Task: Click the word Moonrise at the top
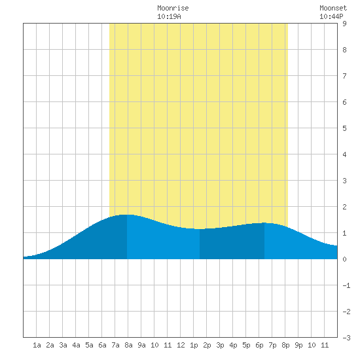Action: click(173, 8)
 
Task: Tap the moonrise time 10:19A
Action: click(169, 16)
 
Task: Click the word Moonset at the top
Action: click(333, 8)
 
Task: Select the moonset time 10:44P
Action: click(331, 16)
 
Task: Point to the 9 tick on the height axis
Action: click(344, 24)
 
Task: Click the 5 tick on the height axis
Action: click(344, 128)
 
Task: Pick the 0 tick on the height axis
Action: click(344, 259)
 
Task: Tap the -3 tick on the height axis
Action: click(346, 338)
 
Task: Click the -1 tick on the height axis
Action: click(346, 285)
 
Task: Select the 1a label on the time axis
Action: click(37, 345)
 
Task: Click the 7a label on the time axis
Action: click(115, 345)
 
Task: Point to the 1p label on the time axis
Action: click(194, 345)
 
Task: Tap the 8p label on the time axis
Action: click(285, 345)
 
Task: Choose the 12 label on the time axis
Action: click(181, 345)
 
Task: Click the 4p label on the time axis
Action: click(233, 345)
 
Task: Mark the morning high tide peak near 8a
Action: click(127, 215)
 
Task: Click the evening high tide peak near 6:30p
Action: click(264, 223)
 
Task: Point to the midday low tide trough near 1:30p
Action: click(200, 229)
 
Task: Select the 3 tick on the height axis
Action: click(344, 181)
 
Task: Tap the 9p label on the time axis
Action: click(298, 345)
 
